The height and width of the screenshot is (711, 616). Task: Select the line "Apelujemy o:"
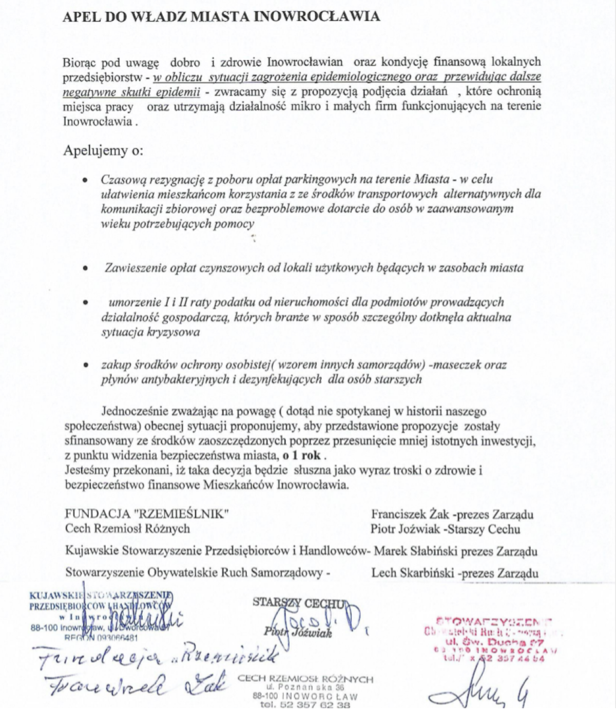pyautogui.click(x=103, y=151)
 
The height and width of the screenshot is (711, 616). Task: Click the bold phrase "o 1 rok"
pyautogui.click(x=301, y=455)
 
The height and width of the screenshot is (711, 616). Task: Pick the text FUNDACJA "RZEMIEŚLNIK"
pyautogui.click(x=147, y=514)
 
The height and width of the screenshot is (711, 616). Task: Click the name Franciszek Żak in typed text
pyautogui.click(x=403, y=514)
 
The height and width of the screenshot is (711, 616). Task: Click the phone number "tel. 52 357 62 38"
pyautogui.click(x=305, y=705)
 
